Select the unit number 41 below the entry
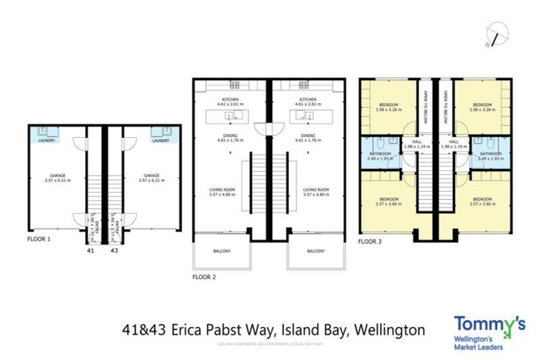pyautogui.click(x=90, y=249)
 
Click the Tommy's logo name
pyautogui.click(x=489, y=324)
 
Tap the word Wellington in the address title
pyautogui.click(x=390, y=329)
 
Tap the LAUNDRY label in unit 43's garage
pyautogui.click(x=160, y=141)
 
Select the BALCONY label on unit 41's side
pyautogui.click(x=221, y=251)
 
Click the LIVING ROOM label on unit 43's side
pyautogui.click(x=316, y=189)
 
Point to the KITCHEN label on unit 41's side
pyautogui.click(x=230, y=99)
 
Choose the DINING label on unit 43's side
pyautogui.click(x=307, y=135)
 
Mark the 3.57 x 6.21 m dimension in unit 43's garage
pyautogui.click(x=150, y=181)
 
